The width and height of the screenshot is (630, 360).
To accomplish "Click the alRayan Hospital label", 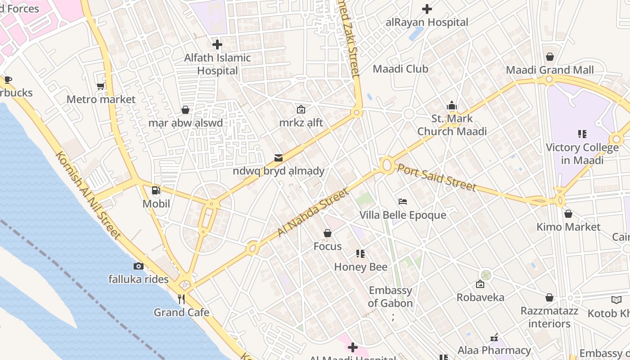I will point(427,22).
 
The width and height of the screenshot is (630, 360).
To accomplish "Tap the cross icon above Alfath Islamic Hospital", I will point(217,45).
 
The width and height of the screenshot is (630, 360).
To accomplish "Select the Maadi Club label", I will point(400,69).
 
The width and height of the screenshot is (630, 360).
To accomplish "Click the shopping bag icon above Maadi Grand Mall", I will point(549,57).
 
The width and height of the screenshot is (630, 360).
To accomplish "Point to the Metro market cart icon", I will point(101,86).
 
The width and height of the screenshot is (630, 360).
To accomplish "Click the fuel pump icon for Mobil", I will point(156,190).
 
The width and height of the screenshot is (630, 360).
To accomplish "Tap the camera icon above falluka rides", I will point(139,266).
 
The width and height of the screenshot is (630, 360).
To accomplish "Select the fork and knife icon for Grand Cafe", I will point(181,299).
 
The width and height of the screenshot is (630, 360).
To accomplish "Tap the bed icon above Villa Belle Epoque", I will point(403,202).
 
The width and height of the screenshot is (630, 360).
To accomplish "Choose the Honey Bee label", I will point(360,267).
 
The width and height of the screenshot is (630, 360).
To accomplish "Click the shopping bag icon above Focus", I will point(328,233).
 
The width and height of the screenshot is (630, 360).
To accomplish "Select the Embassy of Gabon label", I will point(390,297).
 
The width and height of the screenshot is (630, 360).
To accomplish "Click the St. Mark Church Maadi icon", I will point(452,106).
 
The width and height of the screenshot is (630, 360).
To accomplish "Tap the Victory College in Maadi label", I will point(582,153).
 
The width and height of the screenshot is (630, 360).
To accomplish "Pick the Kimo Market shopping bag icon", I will point(568,214).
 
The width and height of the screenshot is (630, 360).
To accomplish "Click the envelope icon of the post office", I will point(279,157).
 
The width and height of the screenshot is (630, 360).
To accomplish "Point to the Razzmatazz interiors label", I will point(549,317).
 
